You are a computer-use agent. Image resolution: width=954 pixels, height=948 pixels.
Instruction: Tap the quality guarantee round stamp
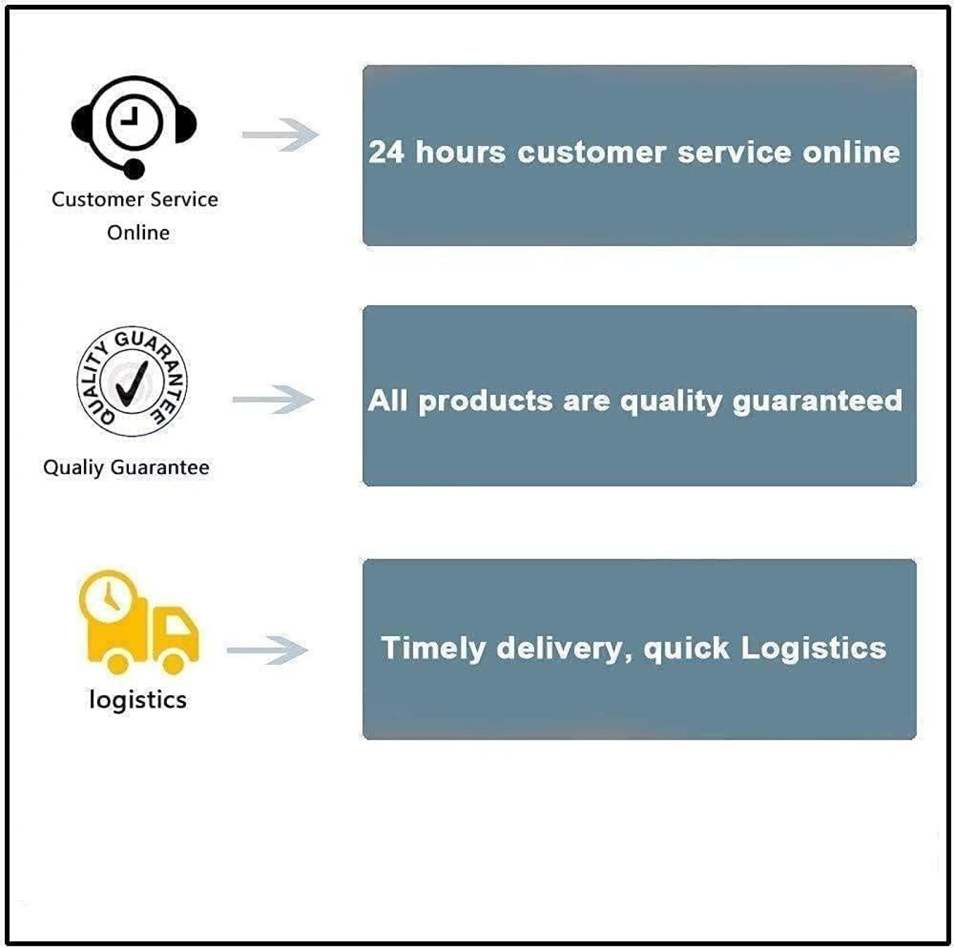pos(132,382)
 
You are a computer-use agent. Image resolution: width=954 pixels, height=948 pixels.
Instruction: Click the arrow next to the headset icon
pos(280,135)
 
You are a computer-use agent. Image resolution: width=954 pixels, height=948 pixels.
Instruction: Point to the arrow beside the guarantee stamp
pos(273,399)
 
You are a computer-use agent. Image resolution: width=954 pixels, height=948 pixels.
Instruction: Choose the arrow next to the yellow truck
pos(268,650)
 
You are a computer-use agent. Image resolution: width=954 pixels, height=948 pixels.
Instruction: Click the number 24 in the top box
pos(386,152)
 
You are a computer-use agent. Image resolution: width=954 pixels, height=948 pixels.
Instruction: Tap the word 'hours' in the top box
pos(460,152)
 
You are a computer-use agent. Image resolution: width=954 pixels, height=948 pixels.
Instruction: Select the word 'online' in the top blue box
pos(851,152)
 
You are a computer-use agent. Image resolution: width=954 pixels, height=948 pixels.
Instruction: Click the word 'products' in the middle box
pos(485,401)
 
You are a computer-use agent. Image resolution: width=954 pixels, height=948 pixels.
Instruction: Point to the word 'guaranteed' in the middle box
pos(817,401)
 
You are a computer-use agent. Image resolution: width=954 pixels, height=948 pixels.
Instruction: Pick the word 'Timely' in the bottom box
pos(433,649)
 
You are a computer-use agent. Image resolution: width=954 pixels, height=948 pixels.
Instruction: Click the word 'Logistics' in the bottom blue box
pos(813,649)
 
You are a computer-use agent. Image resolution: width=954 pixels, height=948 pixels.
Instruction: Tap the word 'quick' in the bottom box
pos(686,649)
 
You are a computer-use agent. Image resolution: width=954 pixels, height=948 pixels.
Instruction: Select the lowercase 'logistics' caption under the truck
pos(138,700)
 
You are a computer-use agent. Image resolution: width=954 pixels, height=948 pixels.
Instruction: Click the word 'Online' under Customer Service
pos(138,232)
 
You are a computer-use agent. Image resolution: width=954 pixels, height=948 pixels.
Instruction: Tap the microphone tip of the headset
pos(134,169)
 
